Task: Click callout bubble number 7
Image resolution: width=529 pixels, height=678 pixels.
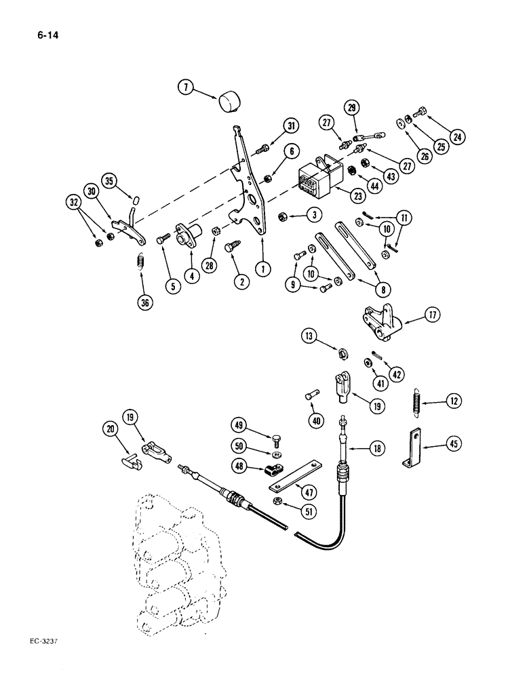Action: click(x=185, y=87)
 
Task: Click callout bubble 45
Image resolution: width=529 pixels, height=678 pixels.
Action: click(x=453, y=445)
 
